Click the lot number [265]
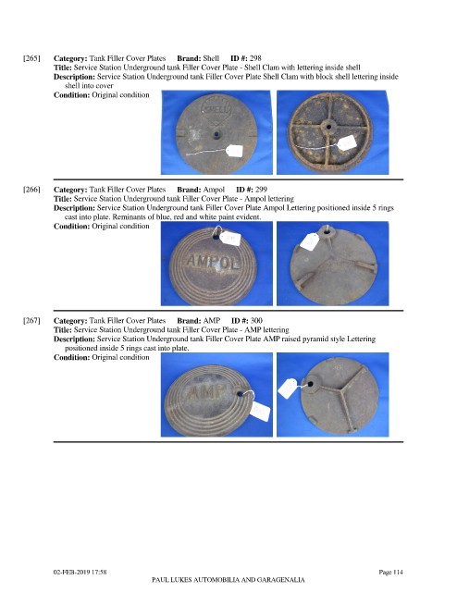(x=31, y=58)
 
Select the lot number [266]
(x=31, y=190)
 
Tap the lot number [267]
(x=31, y=321)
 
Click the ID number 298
(x=255, y=58)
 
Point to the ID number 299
(x=261, y=189)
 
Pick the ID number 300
(x=256, y=321)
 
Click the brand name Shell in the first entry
(x=211, y=58)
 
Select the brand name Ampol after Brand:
(x=214, y=190)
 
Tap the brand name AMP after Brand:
(x=212, y=321)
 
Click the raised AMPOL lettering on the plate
(x=214, y=261)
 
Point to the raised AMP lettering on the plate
(x=206, y=392)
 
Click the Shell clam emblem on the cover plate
(x=216, y=107)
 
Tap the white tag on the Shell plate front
(x=235, y=151)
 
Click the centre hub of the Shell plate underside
(x=328, y=127)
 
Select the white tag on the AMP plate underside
(x=288, y=388)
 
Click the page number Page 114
(x=391, y=572)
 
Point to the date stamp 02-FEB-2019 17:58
(x=80, y=572)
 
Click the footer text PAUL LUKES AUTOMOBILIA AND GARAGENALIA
(x=228, y=580)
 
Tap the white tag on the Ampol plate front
(x=230, y=238)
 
